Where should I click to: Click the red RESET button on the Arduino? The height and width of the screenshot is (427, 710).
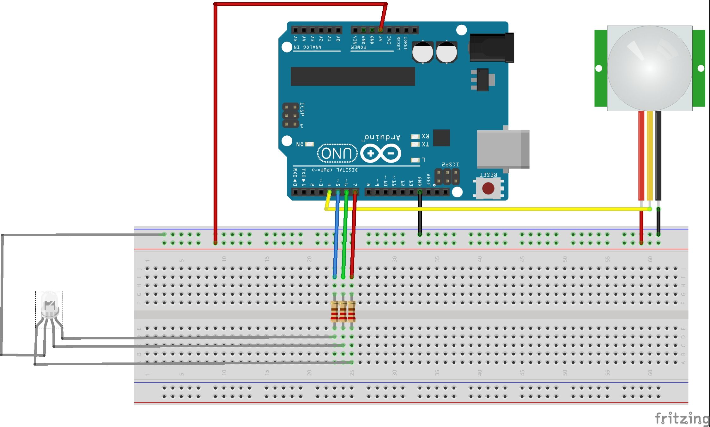tap(488, 189)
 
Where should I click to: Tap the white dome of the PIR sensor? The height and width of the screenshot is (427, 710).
tap(650, 68)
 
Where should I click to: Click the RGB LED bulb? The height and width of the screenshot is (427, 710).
tap(50, 306)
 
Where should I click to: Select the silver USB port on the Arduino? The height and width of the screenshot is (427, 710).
tap(502, 149)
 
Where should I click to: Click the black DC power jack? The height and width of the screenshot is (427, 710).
tap(491, 47)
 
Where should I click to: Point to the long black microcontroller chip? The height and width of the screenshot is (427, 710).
tap(353, 76)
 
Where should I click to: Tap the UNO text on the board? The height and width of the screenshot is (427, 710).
tap(337, 153)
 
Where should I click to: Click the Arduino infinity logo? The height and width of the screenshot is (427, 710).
tap(381, 154)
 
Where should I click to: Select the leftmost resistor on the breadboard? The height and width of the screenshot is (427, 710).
tap(335, 312)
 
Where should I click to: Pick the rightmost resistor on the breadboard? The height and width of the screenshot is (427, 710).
tap(352, 312)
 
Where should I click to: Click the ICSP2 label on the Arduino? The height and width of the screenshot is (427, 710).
tap(450, 164)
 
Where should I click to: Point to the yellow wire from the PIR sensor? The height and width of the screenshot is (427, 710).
tap(650, 155)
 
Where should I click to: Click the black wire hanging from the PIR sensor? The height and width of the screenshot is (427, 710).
tap(658, 155)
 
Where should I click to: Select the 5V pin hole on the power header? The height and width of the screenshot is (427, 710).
tap(381, 30)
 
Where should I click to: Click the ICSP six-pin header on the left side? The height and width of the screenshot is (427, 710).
tap(290, 115)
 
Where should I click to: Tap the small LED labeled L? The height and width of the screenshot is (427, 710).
tap(415, 160)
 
